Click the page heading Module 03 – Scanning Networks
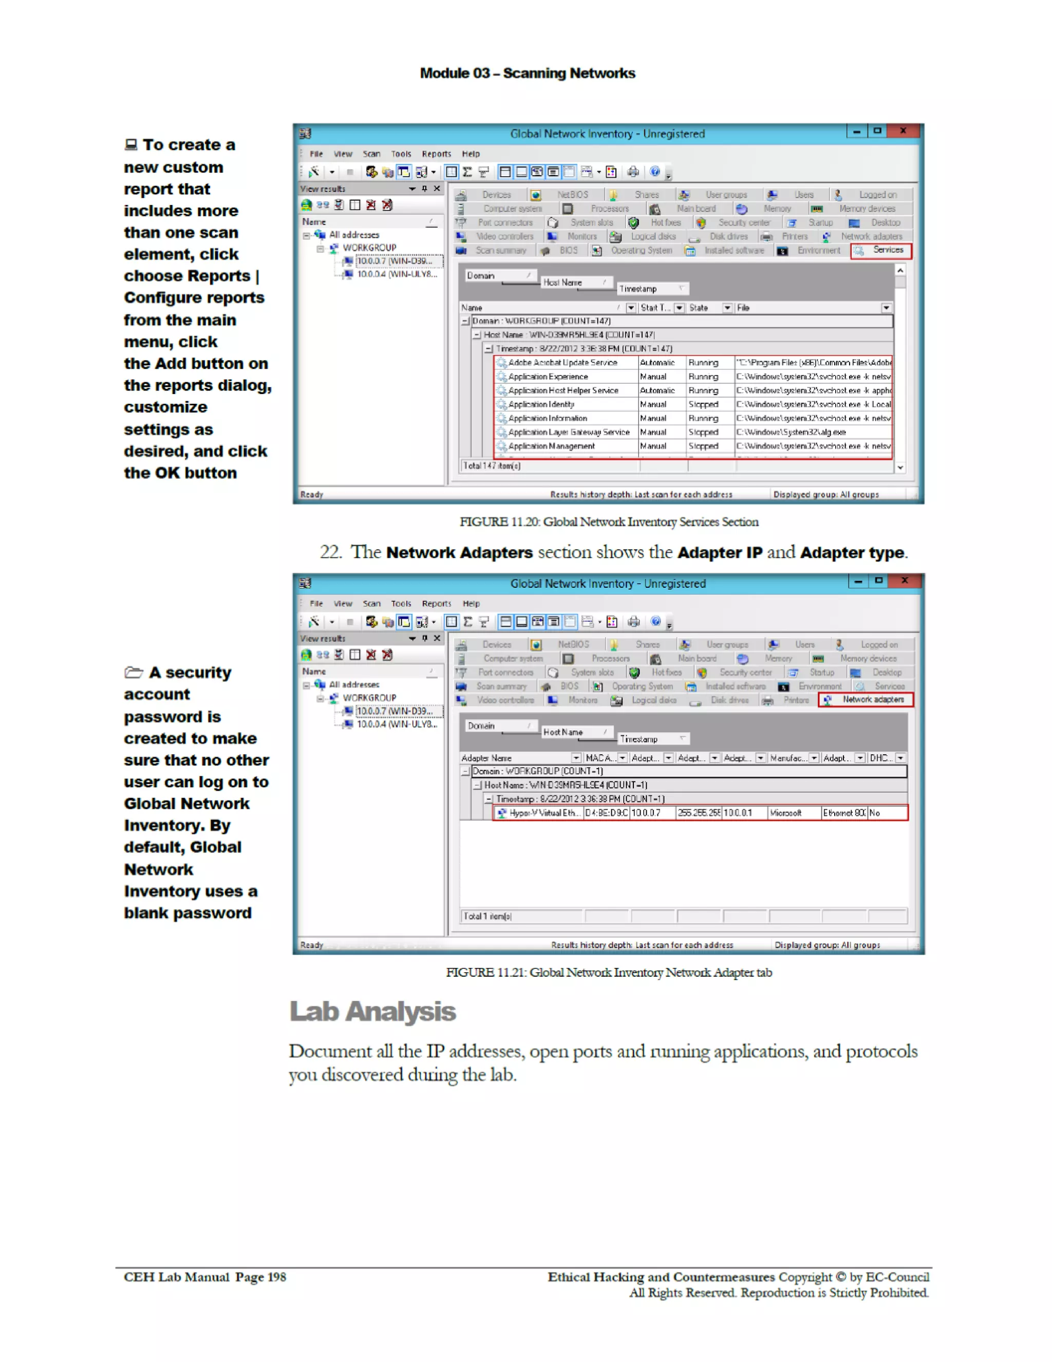(x=527, y=73)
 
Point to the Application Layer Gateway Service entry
(x=568, y=432)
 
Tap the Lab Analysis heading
(x=372, y=1012)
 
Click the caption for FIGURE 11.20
(x=609, y=522)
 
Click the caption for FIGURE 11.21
(x=609, y=972)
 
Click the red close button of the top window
(x=903, y=131)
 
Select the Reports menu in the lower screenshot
(x=436, y=604)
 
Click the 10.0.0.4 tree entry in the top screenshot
(x=397, y=274)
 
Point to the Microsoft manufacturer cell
(x=785, y=813)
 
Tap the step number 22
(x=330, y=552)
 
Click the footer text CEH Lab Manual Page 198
(x=204, y=1277)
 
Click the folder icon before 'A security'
(x=134, y=673)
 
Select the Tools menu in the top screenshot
(x=401, y=154)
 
